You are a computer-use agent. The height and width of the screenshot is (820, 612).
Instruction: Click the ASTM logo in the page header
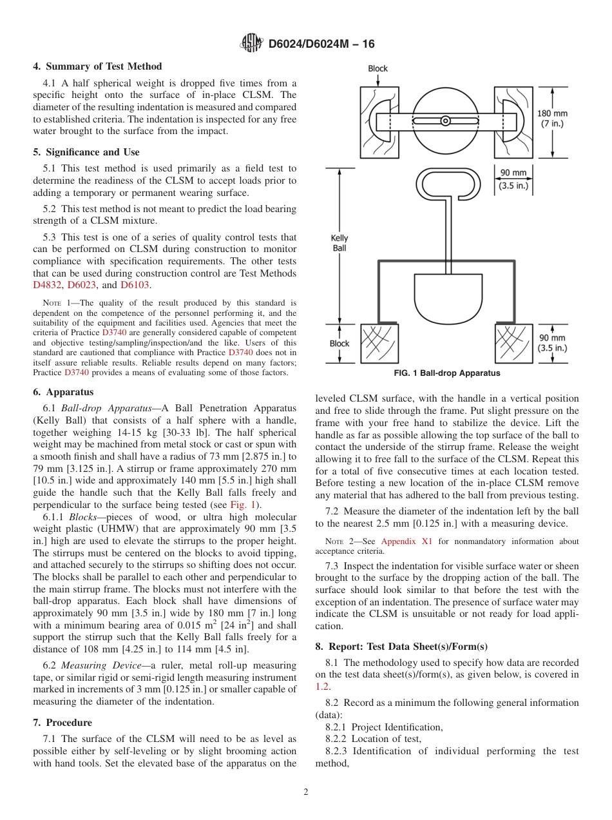(251, 44)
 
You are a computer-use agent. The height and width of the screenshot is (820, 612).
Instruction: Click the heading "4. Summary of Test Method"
(97, 66)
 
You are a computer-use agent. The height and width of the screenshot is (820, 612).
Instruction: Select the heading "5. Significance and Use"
(86, 152)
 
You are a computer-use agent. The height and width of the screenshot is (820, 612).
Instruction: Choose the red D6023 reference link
(81, 285)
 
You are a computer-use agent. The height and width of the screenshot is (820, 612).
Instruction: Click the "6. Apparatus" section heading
(63, 392)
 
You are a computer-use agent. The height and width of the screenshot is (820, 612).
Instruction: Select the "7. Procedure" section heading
(62, 723)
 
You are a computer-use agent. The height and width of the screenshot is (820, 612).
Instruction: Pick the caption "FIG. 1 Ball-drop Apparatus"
(446, 373)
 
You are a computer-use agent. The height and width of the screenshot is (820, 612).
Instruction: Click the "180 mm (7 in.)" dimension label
(552, 118)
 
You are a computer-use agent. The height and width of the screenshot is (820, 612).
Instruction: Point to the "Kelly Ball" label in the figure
(339, 242)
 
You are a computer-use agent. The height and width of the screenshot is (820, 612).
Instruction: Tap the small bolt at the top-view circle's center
(445, 121)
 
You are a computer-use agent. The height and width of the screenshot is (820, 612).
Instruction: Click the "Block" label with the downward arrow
(378, 68)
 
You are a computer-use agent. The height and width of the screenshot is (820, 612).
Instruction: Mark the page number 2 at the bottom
(306, 792)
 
